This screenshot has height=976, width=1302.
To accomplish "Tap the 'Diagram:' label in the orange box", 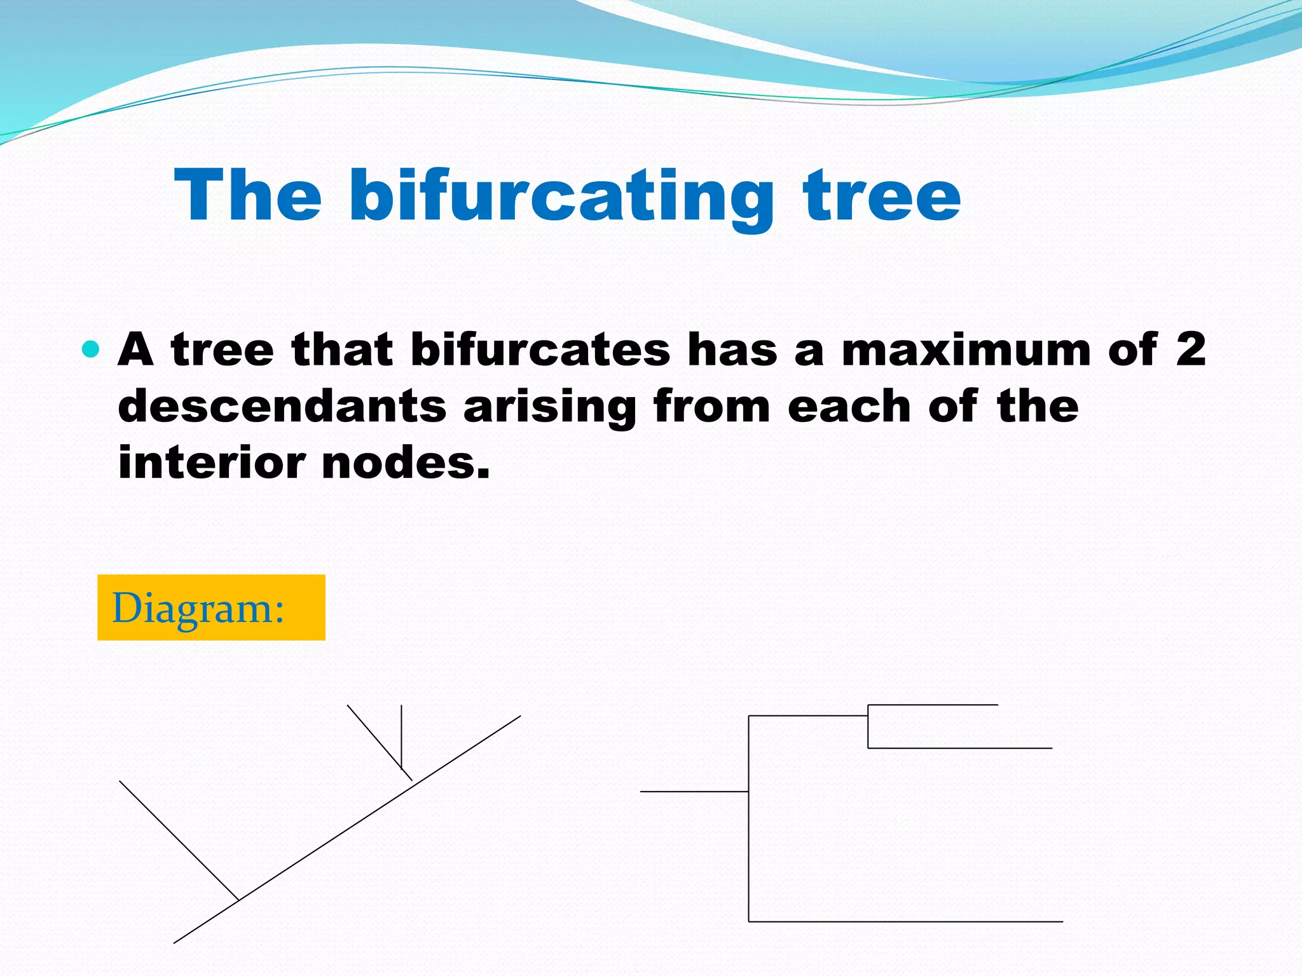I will pos(198,608).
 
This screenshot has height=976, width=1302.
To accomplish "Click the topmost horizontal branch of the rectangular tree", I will pos(933,705).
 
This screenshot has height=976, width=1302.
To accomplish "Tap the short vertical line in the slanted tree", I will pos(401,736).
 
